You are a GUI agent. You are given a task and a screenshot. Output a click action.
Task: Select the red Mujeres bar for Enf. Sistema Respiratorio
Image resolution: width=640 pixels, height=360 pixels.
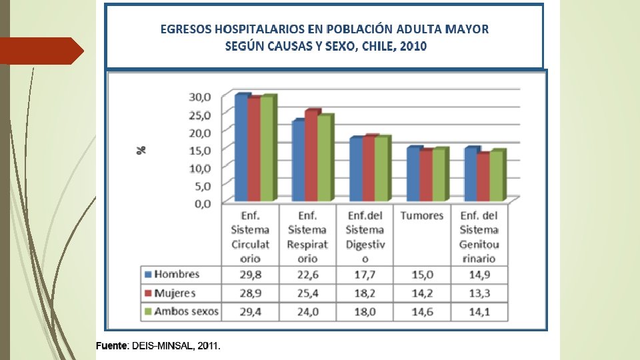coord(311,156)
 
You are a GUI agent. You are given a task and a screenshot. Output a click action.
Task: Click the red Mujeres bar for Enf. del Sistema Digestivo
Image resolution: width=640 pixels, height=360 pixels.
coord(369,169)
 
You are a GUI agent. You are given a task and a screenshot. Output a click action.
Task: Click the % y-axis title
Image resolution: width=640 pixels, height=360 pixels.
coord(141,150)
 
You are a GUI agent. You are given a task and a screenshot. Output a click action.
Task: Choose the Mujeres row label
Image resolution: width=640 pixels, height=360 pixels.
coord(175,293)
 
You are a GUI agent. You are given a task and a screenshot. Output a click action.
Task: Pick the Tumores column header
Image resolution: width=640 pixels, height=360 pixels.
coord(422,215)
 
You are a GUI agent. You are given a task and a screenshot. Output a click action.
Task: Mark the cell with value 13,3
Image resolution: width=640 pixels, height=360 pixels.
coord(479,293)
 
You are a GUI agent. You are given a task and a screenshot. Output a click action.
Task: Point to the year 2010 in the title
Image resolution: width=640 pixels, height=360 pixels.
coord(413,46)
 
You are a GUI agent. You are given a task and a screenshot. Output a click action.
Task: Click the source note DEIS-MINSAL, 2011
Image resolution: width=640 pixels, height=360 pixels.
coord(175,346)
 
